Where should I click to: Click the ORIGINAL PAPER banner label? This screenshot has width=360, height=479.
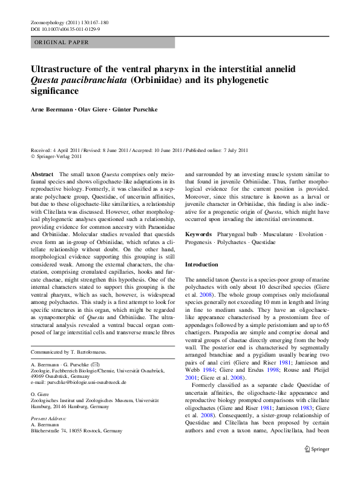tap(62, 42)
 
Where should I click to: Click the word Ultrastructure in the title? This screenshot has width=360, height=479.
tap(64, 69)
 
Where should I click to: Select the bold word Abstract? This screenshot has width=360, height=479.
tap(43, 174)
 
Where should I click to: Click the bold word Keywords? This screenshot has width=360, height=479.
tap(198, 251)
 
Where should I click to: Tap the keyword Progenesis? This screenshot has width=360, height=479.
tap(200, 259)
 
